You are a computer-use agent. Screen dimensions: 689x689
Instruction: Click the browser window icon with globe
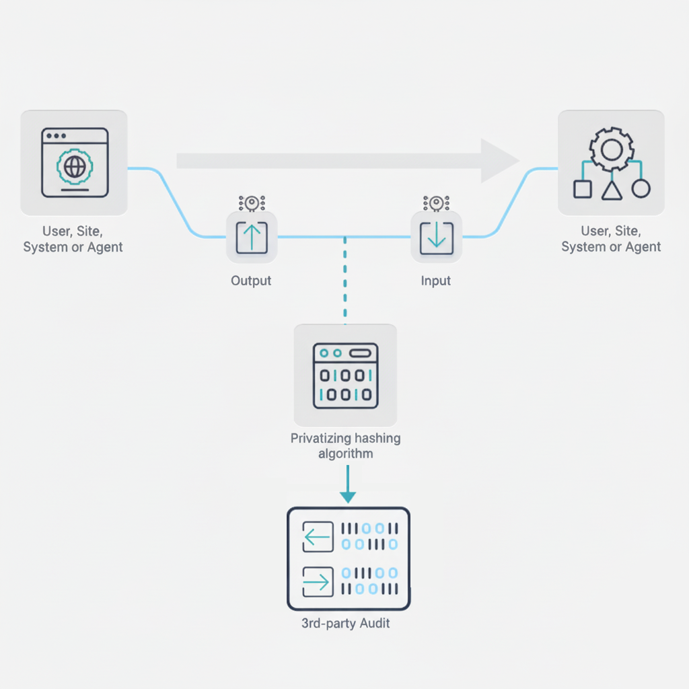[74, 162]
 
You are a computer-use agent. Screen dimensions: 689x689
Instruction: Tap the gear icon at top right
[611, 147]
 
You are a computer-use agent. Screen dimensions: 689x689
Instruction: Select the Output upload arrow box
[252, 237]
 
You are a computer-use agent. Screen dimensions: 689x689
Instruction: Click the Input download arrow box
[436, 237]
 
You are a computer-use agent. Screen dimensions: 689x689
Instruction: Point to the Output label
[251, 281]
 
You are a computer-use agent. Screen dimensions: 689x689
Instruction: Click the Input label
[436, 281]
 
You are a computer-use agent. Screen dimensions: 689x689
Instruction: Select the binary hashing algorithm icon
[346, 375]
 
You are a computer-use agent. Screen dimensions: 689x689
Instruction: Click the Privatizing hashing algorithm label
[346, 446]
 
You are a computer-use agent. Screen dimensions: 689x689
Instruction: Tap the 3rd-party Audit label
[346, 623]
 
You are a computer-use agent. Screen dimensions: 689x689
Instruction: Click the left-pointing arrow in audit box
[318, 537]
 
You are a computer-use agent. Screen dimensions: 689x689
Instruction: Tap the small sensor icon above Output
[252, 202]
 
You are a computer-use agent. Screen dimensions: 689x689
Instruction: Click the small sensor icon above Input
[436, 202]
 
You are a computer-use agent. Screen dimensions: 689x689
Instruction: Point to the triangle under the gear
[611, 190]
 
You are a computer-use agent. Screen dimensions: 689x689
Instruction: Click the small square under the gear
[583, 189]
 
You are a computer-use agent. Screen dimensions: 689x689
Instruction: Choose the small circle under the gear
[641, 189]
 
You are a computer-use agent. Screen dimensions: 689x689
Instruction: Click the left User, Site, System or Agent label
[73, 239]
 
